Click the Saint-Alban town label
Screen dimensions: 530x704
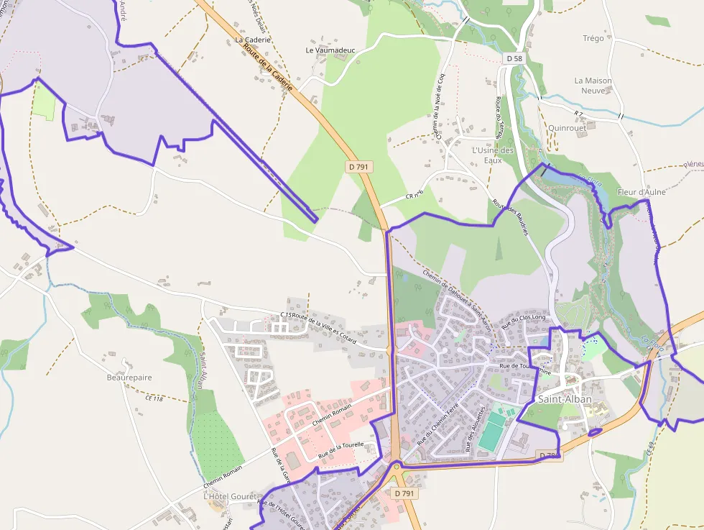pos(565,399)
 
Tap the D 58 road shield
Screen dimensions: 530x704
pos(514,58)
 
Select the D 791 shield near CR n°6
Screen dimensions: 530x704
pos(359,167)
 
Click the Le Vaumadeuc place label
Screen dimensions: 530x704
pos(330,50)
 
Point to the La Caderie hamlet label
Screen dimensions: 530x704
pos(253,40)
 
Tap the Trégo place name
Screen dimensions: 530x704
pos(593,38)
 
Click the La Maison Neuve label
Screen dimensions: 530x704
pos(593,86)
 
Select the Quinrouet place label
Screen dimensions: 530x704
pos(567,127)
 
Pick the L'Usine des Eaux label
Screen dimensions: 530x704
pos(493,155)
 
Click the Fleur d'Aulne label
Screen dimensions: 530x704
pos(642,192)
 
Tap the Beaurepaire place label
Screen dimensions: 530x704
pos(129,378)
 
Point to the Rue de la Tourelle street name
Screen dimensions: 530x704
pos(341,450)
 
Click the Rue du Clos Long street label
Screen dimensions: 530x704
pos(524,321)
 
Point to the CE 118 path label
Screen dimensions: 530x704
pos(154,398)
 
